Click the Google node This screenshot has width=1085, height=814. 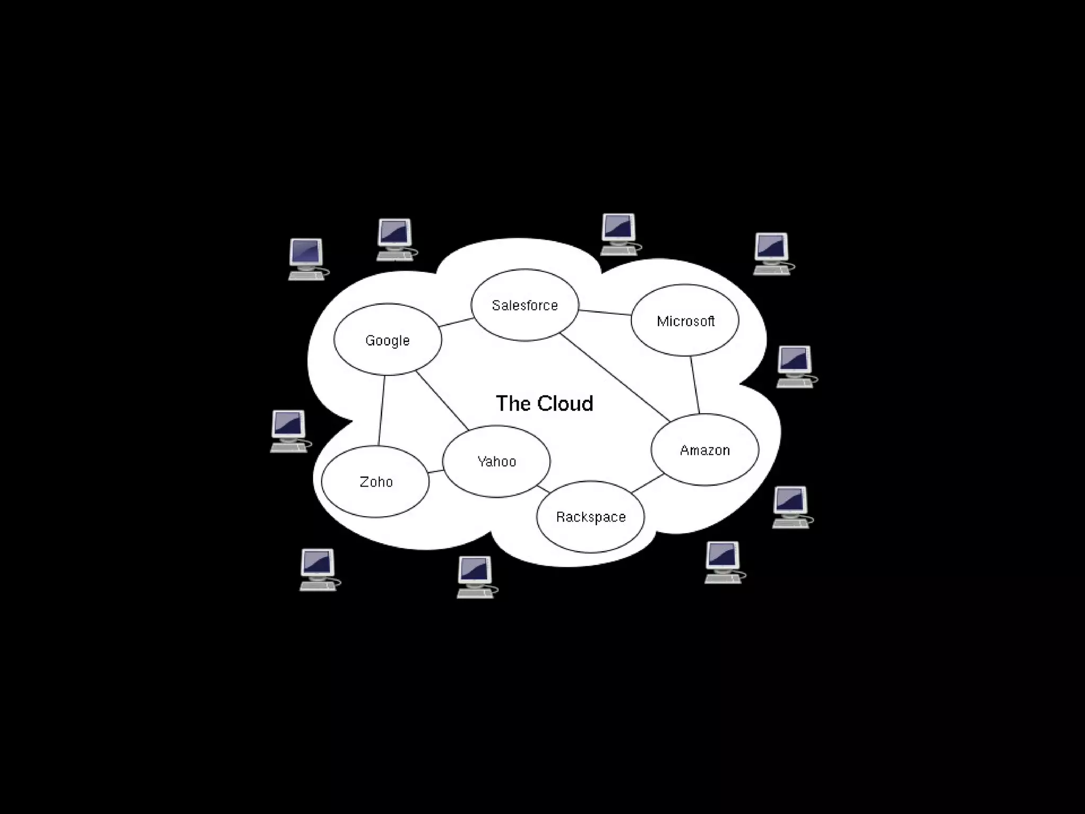387,340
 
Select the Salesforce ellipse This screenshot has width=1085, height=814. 524,305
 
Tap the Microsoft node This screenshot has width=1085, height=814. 685,321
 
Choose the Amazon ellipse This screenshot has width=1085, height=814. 705,450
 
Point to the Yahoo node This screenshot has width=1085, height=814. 496,461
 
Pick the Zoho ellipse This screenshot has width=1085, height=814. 376,482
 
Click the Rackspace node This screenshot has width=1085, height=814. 591,517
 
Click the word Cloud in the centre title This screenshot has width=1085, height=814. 565,403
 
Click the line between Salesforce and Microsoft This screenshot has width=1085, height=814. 604,313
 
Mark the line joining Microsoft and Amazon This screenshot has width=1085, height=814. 695,385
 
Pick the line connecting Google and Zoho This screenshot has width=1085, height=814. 381,410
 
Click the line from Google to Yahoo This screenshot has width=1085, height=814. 442,401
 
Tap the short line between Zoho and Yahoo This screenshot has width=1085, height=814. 436,471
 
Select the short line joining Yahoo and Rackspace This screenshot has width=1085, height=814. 544,488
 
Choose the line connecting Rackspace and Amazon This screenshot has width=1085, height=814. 647,483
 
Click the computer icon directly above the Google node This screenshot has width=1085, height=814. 395,240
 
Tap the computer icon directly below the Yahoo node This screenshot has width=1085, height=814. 476,577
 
